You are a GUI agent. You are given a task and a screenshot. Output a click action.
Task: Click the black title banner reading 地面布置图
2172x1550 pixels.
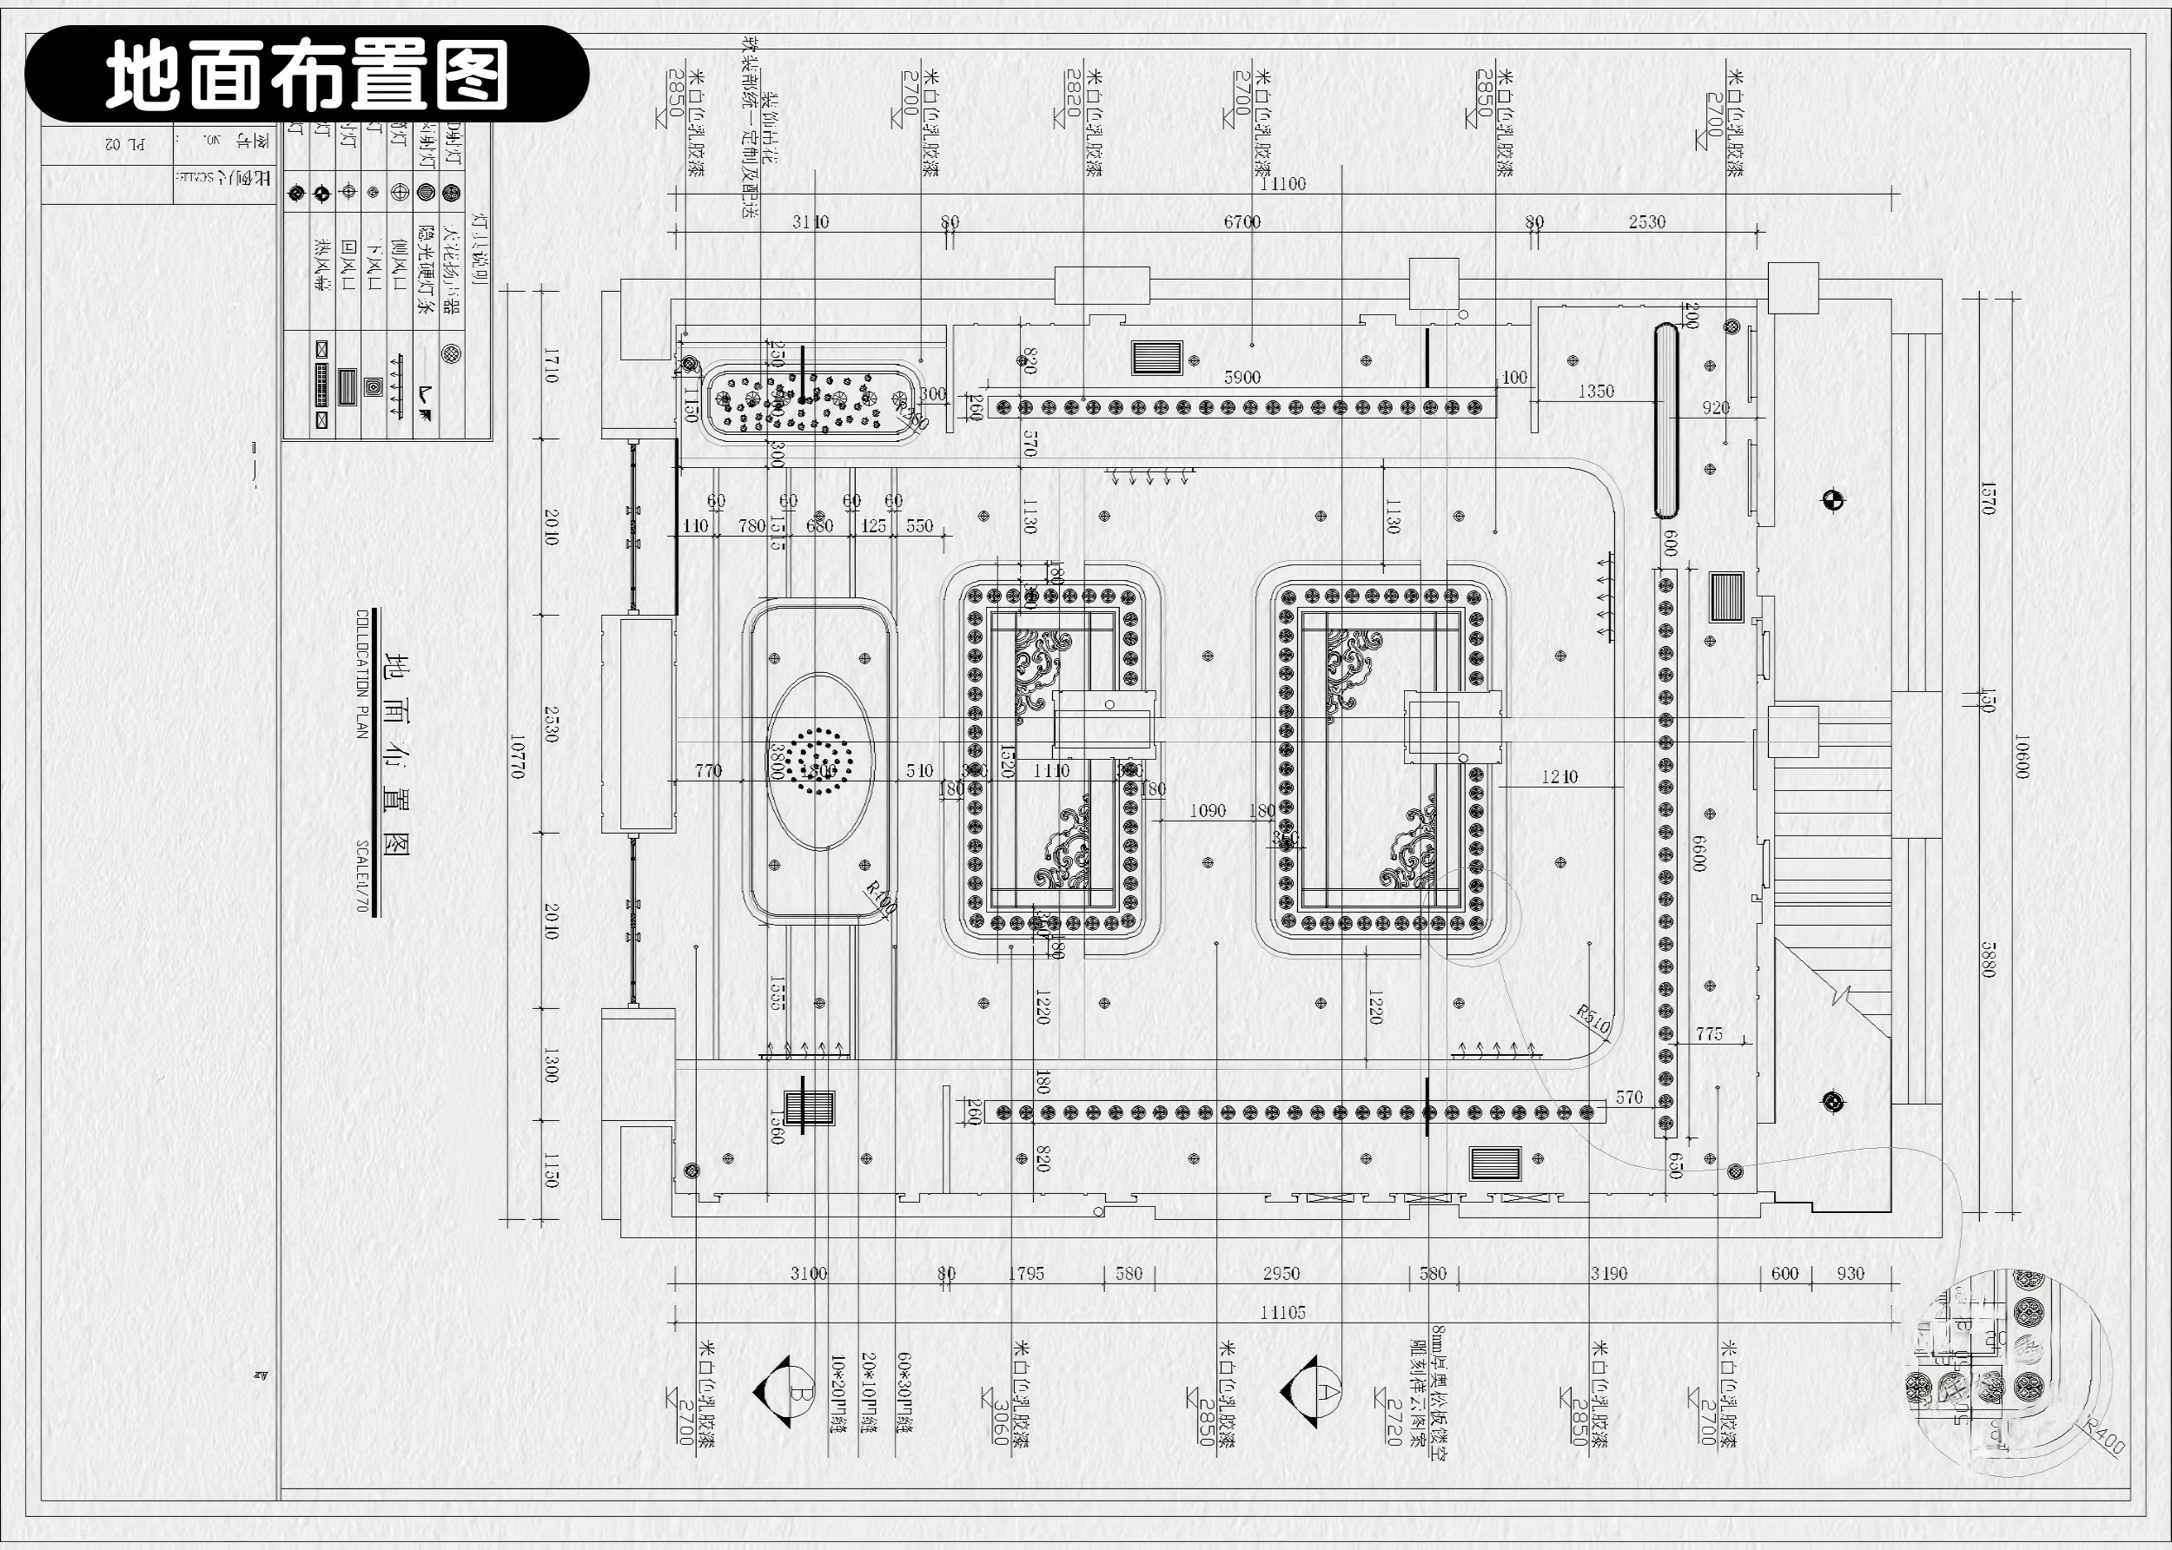(x=306, y=75)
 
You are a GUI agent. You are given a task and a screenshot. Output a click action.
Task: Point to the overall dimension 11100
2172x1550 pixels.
(x=1282, y=183)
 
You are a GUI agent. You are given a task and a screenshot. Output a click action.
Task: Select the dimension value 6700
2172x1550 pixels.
(x=1242, y=221)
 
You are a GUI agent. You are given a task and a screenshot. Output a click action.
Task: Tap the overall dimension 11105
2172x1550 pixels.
(x=1282, y=1312)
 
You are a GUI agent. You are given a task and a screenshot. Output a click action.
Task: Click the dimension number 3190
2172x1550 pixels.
(x=1609, y=1273)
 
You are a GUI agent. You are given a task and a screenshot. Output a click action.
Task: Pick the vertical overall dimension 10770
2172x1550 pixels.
(x=517, y=756)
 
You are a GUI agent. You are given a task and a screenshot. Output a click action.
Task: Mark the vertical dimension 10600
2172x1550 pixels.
(x=2020, y=756)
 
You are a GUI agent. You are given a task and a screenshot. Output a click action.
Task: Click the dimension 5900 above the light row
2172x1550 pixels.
(x=1242, y=377)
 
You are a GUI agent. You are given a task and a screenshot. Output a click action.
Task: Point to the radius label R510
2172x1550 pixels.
(x=1593, y=1019)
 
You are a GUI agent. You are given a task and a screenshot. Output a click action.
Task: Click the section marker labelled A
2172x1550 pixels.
(x=1313, y=1392)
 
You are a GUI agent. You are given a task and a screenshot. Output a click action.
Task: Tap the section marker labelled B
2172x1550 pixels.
(x=785, y=1392)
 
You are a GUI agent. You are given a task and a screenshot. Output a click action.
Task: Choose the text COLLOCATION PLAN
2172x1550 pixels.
(x=361, y=674)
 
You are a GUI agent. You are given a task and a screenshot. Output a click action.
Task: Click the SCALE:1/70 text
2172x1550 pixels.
(x=361, y=875)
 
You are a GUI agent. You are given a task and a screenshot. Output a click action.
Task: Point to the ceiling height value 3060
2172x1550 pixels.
(x=1002, y=1422)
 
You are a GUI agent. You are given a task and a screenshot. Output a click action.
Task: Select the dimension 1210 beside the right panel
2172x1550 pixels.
(x=1559, y=777)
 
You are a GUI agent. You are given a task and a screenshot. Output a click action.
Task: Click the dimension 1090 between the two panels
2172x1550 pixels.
(x=1207, y=810)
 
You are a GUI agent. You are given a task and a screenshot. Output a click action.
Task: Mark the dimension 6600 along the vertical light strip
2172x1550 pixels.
(x=1699, y=853)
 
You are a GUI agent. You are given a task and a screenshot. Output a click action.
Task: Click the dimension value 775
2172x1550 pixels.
(x=1709, y=1033)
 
